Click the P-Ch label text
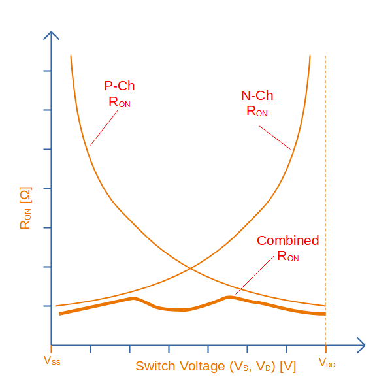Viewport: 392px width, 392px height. pyautogui.click(x=120, y=86)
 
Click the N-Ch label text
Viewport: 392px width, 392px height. pyautogui.click(x=257, y=95)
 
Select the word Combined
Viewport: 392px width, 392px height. pyautogui.click(x=287, y=240)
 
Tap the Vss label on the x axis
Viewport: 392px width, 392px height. pyautogui.click(x=52, y=361)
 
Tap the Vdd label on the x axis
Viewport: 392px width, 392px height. pyautogui.click(x=327, y=361)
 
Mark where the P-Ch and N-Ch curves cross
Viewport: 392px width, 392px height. pyautogui.click(x=190, y=268)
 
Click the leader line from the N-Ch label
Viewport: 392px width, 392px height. pyautogui.click(x=274, y=137)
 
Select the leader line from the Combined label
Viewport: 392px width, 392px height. pyautogui.click(x=255, y=274)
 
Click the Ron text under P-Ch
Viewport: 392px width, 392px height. pyautogui.click(x=120, y=102)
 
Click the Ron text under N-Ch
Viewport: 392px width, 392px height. pyautogui.click(x=257, y=111)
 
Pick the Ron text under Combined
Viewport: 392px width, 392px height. pyautogui.click(x=288, y=256)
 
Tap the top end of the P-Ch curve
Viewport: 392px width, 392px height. pyautogui.click(x=71, y=56)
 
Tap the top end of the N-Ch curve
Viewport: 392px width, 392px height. pyautogui.click(x=310, y=56)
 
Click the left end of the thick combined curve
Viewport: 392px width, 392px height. pyautogui.click(x=60, y=314)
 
